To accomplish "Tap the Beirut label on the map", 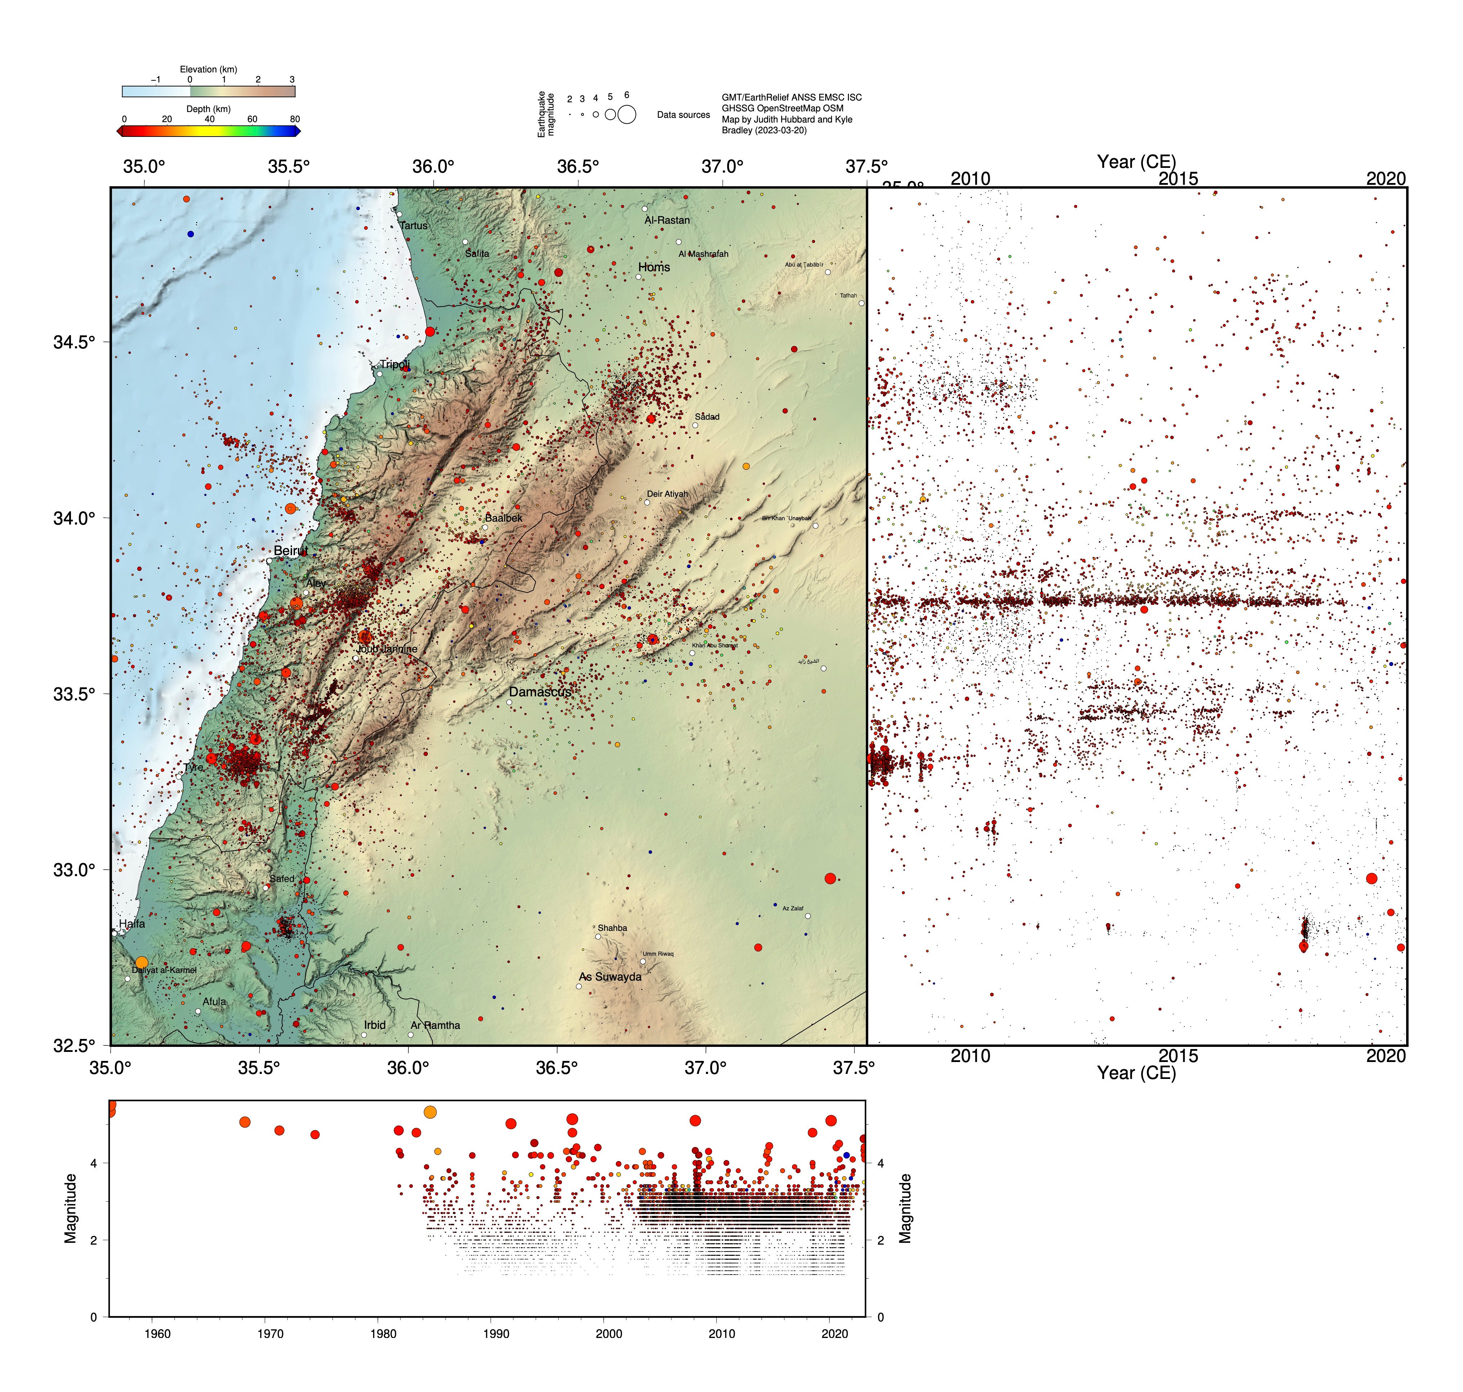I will click(x=290, y=550).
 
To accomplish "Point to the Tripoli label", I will click(x=395, y=364).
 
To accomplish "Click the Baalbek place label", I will click(x=504, y=518).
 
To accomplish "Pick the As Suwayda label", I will click(x=610, y=977).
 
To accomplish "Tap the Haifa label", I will click(x=132, y=924).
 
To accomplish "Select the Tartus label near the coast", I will click(x=413, y=226).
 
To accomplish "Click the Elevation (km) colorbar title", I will click(x=209, y=69).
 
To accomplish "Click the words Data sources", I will click(x=683, y=115).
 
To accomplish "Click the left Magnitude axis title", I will click(x=71, y=1208).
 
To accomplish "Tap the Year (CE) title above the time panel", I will click(x=1137, y=162).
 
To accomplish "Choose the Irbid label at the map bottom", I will click(x=375, y=1025).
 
